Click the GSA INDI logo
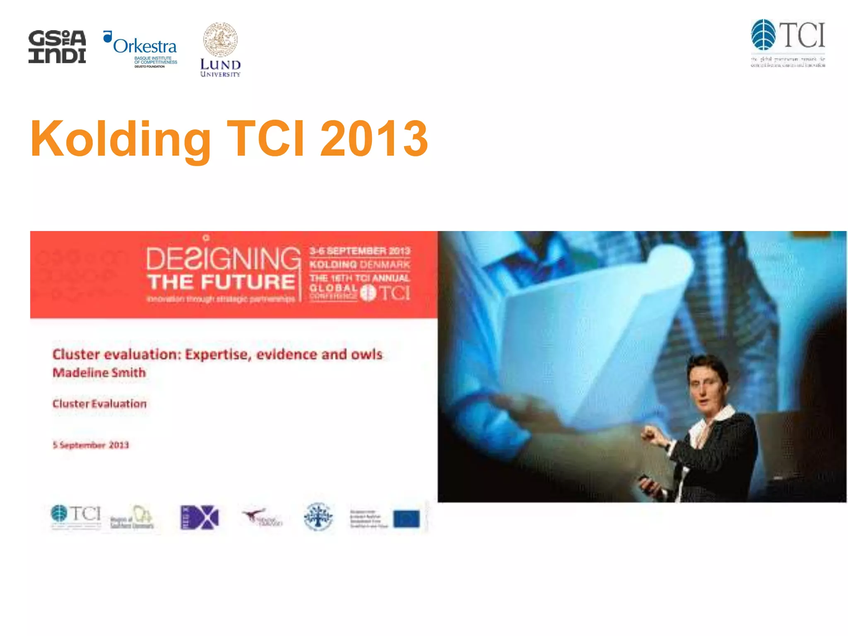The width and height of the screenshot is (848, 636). click(x=57, y=46)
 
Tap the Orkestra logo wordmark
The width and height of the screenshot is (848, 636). click(x=145, y=46)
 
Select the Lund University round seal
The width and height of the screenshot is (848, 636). click(x=220, y=40)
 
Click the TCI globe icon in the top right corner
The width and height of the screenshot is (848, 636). click(x=763, y=35)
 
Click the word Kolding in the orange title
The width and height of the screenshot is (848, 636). click(x=120, y=139)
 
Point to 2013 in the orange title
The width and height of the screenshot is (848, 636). click(x=374, y=139)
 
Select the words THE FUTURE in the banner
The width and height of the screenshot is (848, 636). click(x=221, y=282)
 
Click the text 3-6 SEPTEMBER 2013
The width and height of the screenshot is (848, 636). click(x=360, y=251)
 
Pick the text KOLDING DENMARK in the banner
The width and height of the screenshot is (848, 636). click(x=360, y=265)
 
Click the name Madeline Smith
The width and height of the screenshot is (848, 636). click(x=99, y=373)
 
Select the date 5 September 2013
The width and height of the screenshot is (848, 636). click(x=91, y=445)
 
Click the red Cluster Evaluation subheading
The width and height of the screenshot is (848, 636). click(x=99, y=404)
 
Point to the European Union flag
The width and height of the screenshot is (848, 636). click(x=407, y=519)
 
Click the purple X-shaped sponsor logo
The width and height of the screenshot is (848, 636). click(x=200, y=517)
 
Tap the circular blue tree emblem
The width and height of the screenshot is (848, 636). click(x=318, y=516)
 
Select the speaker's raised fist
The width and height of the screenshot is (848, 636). click(x=651, y=435)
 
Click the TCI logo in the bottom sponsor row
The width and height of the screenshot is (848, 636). click(x=76, y=515)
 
